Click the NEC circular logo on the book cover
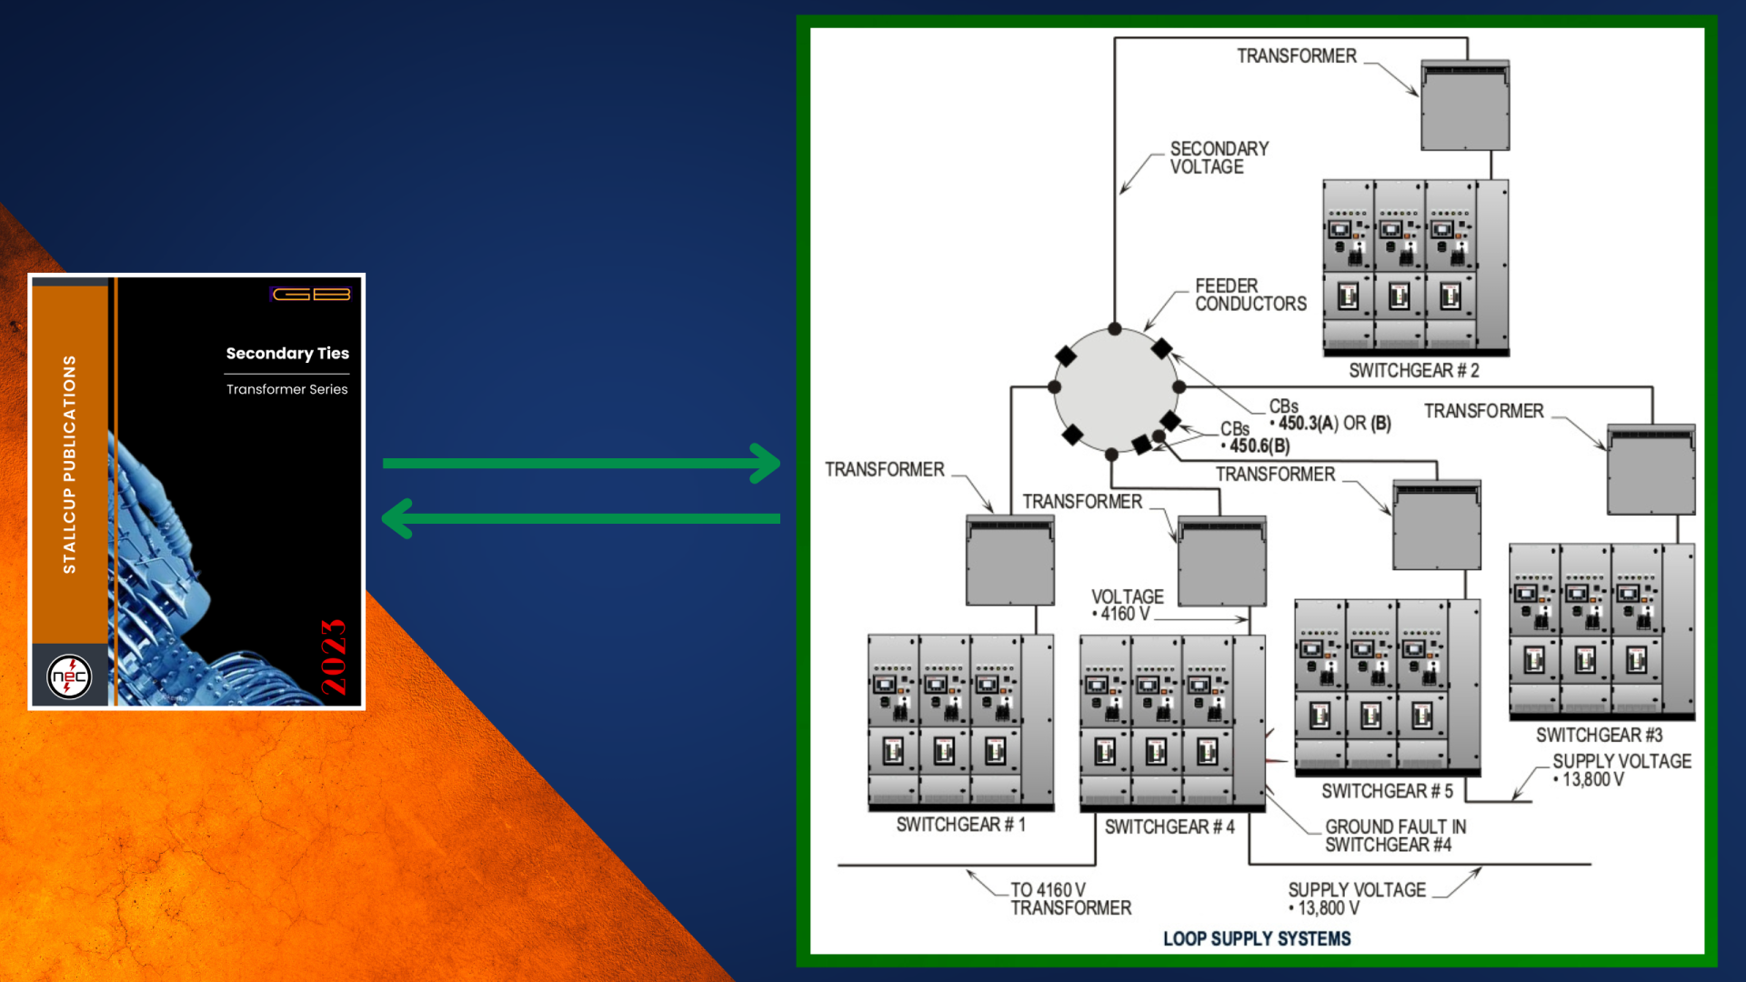pos(69,676)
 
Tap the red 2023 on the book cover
pos(334,656)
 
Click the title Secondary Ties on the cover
pos(287,353)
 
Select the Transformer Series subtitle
pos(286,389)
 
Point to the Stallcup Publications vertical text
pos(69,464)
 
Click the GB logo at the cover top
pos(311,294)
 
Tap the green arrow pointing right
pos(582,463)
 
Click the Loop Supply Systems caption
pos(1257,938)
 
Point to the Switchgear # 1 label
pos(960,825)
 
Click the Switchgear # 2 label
pos(1413,371)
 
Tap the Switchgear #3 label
pos(1599,735)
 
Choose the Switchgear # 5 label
pos(1387,791)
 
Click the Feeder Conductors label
pos(1249,295)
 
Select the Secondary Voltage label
pos(1219,157)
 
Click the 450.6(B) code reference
pos(1259,446)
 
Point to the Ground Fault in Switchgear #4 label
pos(1394,836)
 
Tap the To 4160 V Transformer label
pos(1070,899)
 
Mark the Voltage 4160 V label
pos(1127,605)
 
